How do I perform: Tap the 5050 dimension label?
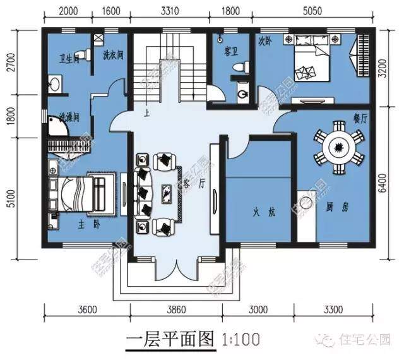319,11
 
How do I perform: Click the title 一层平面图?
171,338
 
